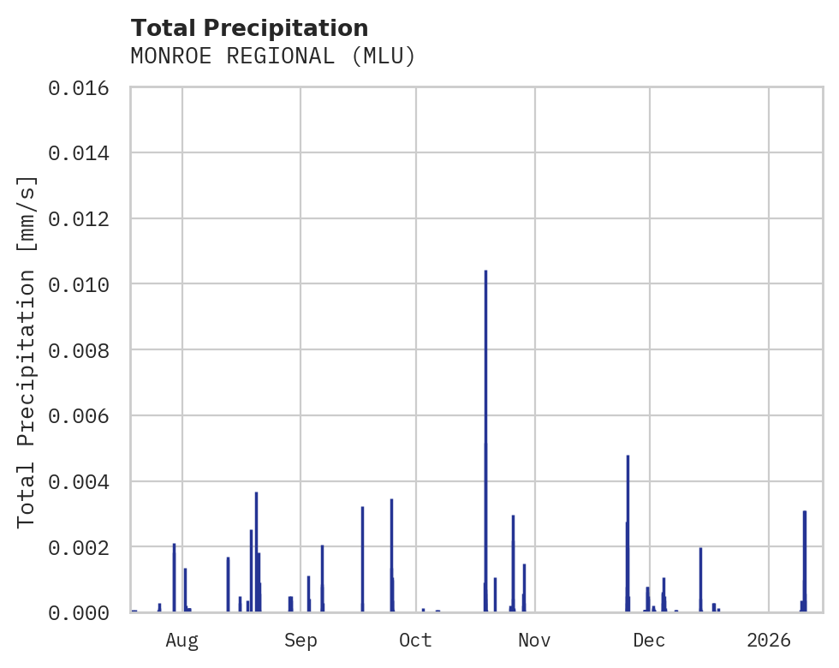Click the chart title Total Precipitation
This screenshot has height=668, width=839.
pos(249,28)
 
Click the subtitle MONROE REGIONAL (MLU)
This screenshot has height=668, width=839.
pos(272,57)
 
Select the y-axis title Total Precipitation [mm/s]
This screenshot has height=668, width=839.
pos(27,351)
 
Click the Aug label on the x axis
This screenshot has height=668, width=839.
pos(182,640)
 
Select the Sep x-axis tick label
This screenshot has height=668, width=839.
pos(300,640)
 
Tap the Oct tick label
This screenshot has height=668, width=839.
pos(415,640)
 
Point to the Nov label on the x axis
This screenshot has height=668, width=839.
pos(533,640)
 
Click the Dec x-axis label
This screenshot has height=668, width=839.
pos(649,640)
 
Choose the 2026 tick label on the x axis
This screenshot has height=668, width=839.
pos(768,640)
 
